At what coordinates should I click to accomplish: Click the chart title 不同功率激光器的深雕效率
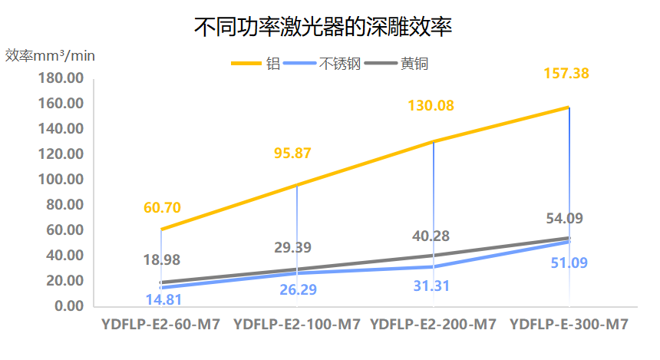[x=322, y=28]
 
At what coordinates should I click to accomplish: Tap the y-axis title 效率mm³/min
[x=51, y=56]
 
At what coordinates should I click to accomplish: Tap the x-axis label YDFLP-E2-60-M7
[x=160, y=325]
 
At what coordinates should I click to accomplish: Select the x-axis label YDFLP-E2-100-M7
[x=296, y=325]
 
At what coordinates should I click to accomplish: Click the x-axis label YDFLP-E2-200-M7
[x=433, y=325]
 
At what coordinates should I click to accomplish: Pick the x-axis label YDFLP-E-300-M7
[x=569, y=325]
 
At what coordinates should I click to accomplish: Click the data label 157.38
[x=569, y=74]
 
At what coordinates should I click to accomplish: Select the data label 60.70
[x=162, y=207]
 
